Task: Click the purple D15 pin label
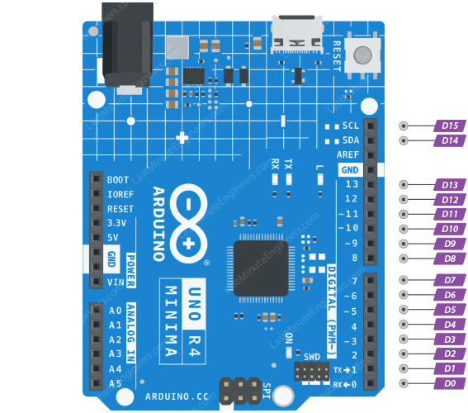[449, 126]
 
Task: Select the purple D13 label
[449, 185]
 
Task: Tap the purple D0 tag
[449, 383]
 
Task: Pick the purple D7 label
[449, 280]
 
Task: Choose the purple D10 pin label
[449, 229]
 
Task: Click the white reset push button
[362, 55]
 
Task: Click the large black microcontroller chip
[262, 270]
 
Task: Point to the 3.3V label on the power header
[116, 223]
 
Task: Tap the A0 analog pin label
[115, 311]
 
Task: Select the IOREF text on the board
[120, 194]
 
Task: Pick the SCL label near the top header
[350, 126]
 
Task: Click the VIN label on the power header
[115, 281]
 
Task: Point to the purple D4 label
[449, 325]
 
